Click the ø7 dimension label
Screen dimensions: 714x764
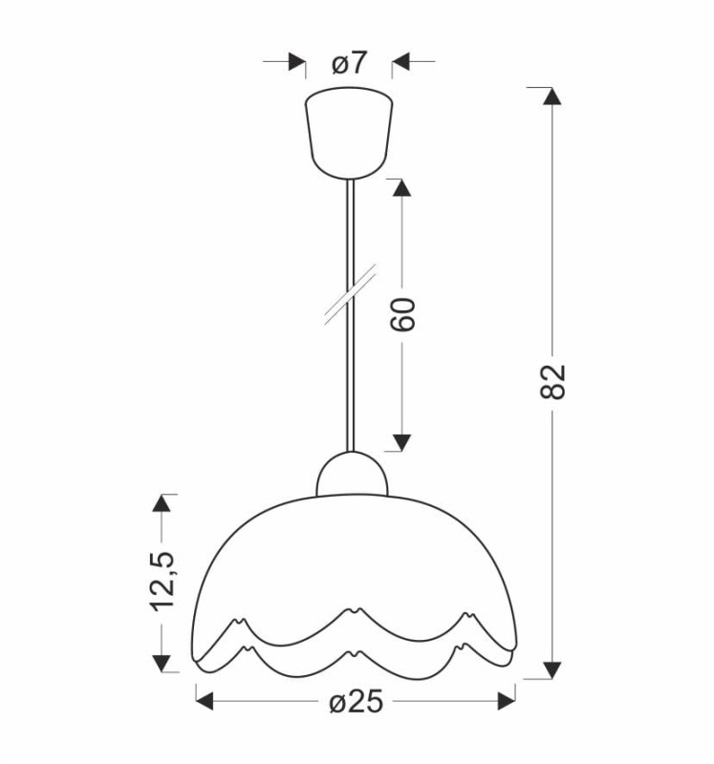[x=348, y=63]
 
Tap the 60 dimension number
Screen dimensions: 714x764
[x=402, y=315]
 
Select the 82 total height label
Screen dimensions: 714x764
[x=552, y=381]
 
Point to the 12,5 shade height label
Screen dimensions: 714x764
[x=162, y=582]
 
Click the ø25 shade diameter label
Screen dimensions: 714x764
[x=356, y=702]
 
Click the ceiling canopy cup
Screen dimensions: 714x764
[x=349, y=133]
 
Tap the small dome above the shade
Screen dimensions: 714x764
[x=352, y=475]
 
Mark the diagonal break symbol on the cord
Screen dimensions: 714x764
[x=351, y=294]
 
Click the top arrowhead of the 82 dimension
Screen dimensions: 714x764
[x=552, y=96]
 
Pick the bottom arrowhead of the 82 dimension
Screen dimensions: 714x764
[x=552, y=670]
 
